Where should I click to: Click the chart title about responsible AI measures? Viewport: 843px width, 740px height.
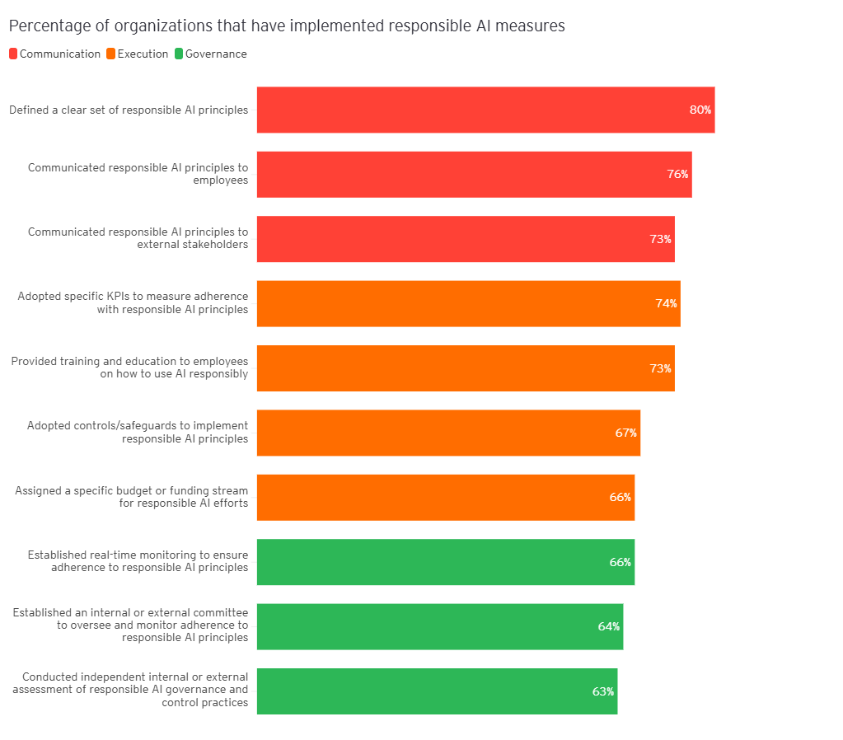[x=287, y=26]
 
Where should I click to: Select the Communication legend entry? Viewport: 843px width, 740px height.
[x=54, y=54]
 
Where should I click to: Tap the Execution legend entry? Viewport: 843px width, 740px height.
[x=138, y=54]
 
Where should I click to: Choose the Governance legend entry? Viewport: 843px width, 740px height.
[x=210, y=54]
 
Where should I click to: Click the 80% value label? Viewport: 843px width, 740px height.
[x=700, y=110]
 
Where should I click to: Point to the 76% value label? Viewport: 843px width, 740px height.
[x=677, y=174]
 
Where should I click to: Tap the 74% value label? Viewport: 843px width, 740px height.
[x=666, y=303]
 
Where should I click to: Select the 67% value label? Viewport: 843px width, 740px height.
[x=625, y=433]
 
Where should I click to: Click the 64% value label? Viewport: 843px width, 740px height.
[x=608, y=626]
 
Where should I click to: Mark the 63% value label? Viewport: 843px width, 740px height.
[x=602, y=691]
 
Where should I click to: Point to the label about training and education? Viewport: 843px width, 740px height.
[x=129, y=368]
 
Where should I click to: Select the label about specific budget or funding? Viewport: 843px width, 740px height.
[x=132, y=497]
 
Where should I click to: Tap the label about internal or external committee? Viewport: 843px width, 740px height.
[x=130, y=625]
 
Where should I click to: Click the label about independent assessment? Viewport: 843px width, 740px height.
[x=130, y=690]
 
